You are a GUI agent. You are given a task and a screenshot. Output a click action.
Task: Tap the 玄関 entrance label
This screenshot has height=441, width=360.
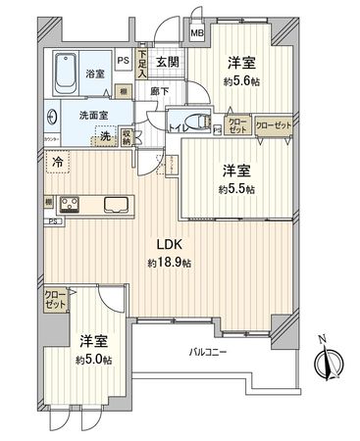pyautogui.click(x=167, y=63)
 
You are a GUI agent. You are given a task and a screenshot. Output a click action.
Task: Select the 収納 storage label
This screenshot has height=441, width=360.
pyautogui.click(x=128, y=138)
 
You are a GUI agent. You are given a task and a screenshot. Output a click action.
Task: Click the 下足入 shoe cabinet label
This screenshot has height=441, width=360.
pyautogui.click(x=141, y=65)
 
